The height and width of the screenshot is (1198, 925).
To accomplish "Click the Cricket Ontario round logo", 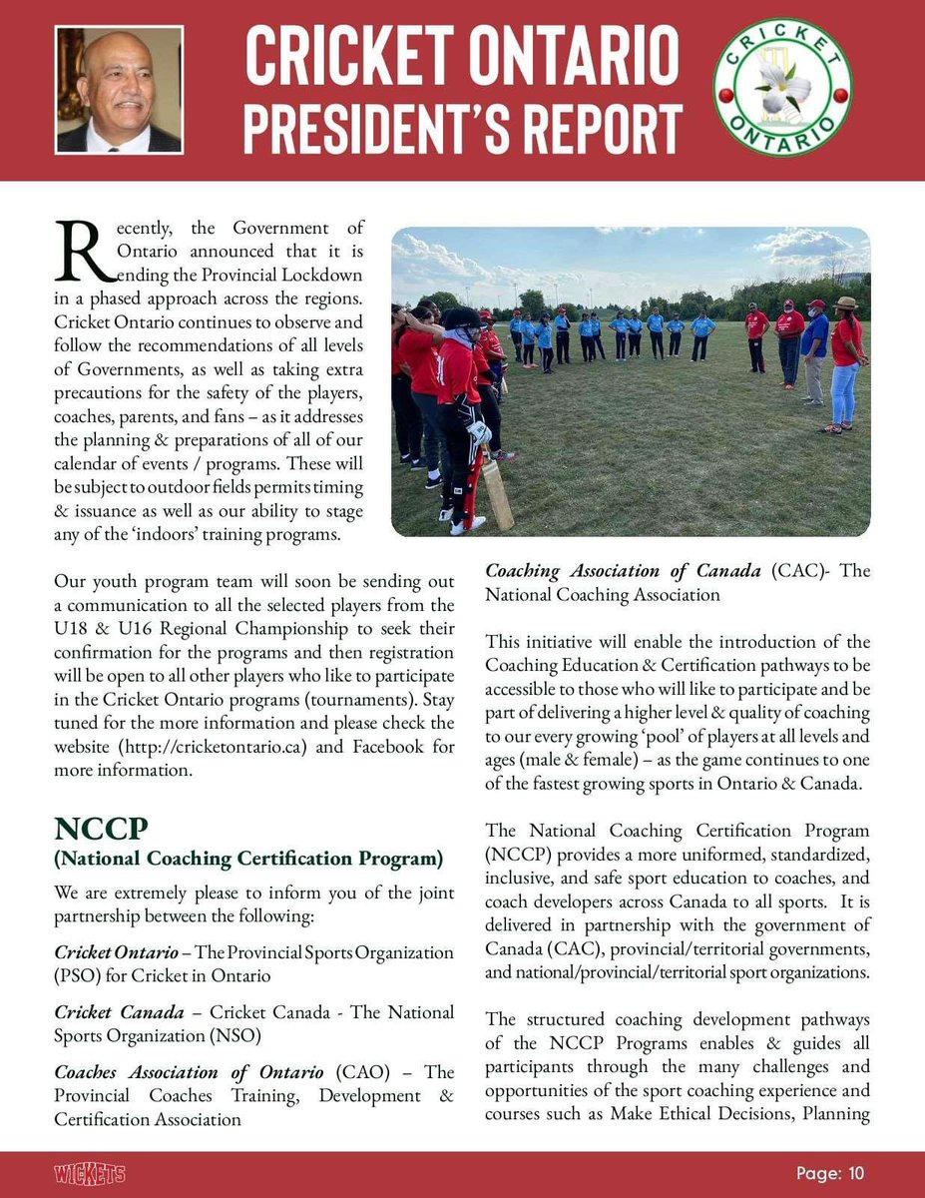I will [782, 91].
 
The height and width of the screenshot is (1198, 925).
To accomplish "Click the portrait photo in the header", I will [119, 89].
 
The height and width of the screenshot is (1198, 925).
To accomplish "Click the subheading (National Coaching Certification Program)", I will [248, 859].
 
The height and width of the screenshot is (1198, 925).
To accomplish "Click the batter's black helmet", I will [461, 319].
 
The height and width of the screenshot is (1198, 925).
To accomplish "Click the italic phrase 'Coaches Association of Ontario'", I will [189, 1072].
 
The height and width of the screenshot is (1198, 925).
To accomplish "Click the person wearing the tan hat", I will [845, 359].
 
